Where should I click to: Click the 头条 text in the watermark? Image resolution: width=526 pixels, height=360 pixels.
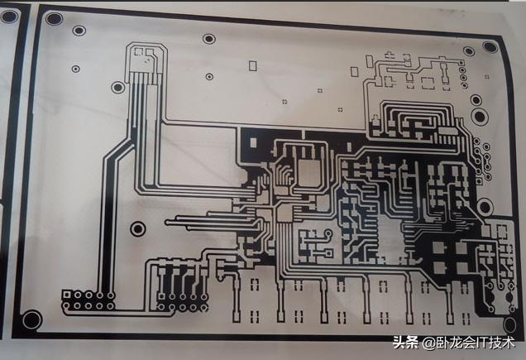click(405, 343)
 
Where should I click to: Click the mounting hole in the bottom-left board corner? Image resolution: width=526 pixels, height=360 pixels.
click(32, 319)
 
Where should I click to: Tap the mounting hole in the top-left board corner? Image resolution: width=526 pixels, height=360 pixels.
click(54, 18)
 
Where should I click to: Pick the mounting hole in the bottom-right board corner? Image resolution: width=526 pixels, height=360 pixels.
click(509, 324)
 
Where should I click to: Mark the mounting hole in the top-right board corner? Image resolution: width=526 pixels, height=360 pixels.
click(490, 46)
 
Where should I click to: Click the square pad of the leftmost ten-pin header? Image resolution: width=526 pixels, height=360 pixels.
click(67, 295)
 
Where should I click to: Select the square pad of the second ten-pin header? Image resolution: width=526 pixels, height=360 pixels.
click(162, 296)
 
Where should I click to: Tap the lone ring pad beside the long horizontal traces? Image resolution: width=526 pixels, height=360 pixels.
click(137, 229)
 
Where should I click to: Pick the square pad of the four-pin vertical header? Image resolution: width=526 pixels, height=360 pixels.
click(461, 63)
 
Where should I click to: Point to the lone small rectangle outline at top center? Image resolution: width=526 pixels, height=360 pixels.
click(252, 66)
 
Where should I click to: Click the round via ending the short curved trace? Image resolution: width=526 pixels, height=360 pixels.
click(328, 233)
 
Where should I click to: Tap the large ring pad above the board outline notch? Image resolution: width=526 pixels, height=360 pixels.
click(485, 207)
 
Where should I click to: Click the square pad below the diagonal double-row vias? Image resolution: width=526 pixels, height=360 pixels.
click(480, 182)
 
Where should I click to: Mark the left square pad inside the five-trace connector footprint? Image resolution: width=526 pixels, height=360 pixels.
click(139, 51)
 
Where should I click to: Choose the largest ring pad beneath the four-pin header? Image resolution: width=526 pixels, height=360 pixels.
click(480, 116)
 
